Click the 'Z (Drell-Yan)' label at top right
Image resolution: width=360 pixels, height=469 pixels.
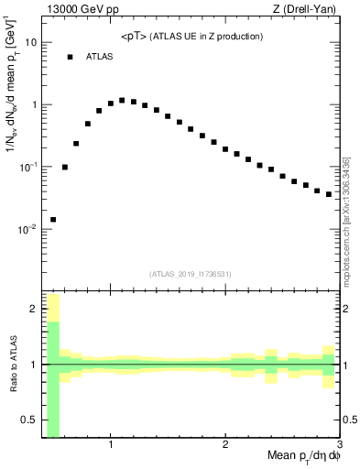(x=307, y=10)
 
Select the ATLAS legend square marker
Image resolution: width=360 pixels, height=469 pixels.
(x=69, y=57)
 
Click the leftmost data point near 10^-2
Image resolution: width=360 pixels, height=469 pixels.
(x=53, y=220)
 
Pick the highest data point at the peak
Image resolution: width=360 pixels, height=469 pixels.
(x=122, y=100)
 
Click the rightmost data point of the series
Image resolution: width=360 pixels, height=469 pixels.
(x=329, y=194)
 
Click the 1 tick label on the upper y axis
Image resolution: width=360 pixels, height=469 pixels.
(x=34, y=104)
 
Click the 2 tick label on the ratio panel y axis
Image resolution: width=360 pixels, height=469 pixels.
(x=34, y=309)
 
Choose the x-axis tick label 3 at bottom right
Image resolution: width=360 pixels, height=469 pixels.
(x=339, y=445)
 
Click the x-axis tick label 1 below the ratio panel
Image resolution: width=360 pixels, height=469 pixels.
(x=111, y=445)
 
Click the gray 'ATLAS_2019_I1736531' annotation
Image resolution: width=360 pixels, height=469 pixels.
(x=191, y=273)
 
